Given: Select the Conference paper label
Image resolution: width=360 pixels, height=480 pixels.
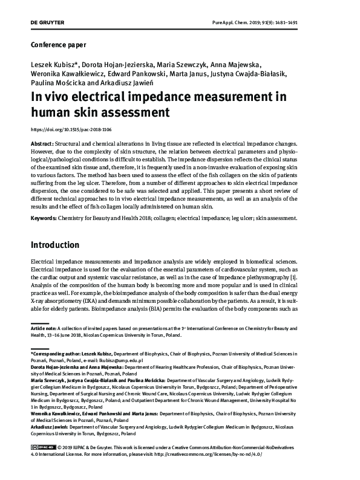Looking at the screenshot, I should pyautogui.click(x=57, y=45).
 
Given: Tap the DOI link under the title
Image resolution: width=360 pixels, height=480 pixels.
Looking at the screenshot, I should pyautogui.click(x=71, y=129).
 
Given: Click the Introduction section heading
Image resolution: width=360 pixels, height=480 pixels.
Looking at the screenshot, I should pyautogui.click(x=64, y=245).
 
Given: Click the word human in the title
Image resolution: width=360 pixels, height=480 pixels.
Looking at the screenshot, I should pyautogui.click(x=54, y=112).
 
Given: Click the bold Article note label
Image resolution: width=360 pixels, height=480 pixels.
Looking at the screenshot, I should pyautogui.click(x=45, y=328).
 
